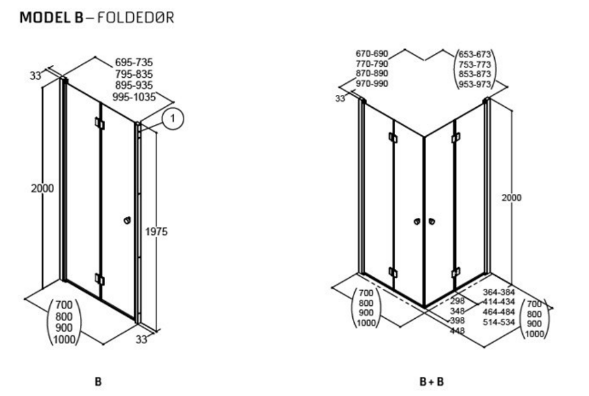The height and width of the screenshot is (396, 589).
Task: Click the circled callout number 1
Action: pyautogui.click(x=173, y=119)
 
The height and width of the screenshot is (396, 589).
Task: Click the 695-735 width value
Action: pyautogui.click(x=134, y=61)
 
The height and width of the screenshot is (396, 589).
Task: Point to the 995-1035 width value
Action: pyautogui.click(x=135, y=97)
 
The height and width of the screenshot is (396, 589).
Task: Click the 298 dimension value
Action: pyautogui.click(x=459, y=301)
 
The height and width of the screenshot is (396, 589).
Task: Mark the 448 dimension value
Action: pyautogui.click(x=459, y=331)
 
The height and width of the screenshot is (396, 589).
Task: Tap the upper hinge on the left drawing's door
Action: pyautogui.click(x=99, y=124)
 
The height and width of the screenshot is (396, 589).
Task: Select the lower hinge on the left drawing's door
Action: pyautogui.click(x=99, y=279)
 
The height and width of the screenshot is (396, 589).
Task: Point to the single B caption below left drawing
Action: pyautogui.click(x=98, y=381)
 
